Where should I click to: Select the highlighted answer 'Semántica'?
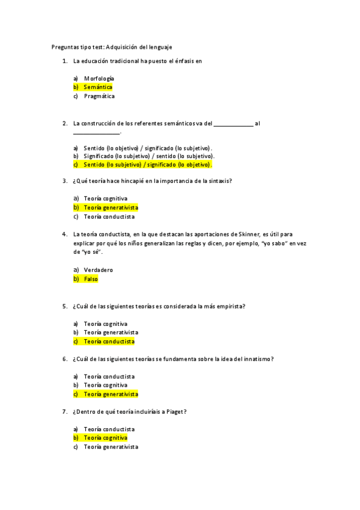pos(98,87)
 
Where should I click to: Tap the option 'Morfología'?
pos(99,78)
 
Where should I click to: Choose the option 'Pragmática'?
pos(99,96)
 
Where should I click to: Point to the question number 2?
pos(65,123)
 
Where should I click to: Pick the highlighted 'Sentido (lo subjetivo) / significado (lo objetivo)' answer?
pos(148,164)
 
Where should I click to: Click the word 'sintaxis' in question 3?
pos(219,180)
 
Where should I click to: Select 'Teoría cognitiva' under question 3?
pos(105,198)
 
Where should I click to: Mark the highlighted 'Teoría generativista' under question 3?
pos(111,207)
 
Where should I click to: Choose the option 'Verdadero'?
pos(99,270)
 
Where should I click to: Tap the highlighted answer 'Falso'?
pos(91,279)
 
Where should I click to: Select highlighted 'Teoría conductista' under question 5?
pos(109,342)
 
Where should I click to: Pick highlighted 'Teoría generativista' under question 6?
pos(111,395)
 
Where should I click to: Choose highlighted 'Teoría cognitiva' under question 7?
pos(105,438)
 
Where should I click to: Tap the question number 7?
pos(65,412)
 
